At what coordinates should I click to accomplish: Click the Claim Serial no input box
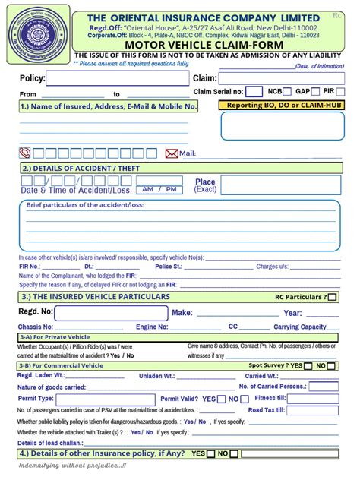coord(254,92)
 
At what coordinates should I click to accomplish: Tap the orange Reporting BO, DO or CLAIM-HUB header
coord(279,106)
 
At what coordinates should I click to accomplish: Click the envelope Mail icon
coord(172,153)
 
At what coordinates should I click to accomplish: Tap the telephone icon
coord(25,153)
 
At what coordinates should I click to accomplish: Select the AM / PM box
coord(159,189)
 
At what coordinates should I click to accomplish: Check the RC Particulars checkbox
coord(333,297)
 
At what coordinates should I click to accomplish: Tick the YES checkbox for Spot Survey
coord(308,366)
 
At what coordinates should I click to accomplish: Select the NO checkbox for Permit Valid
coord(245,399)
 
